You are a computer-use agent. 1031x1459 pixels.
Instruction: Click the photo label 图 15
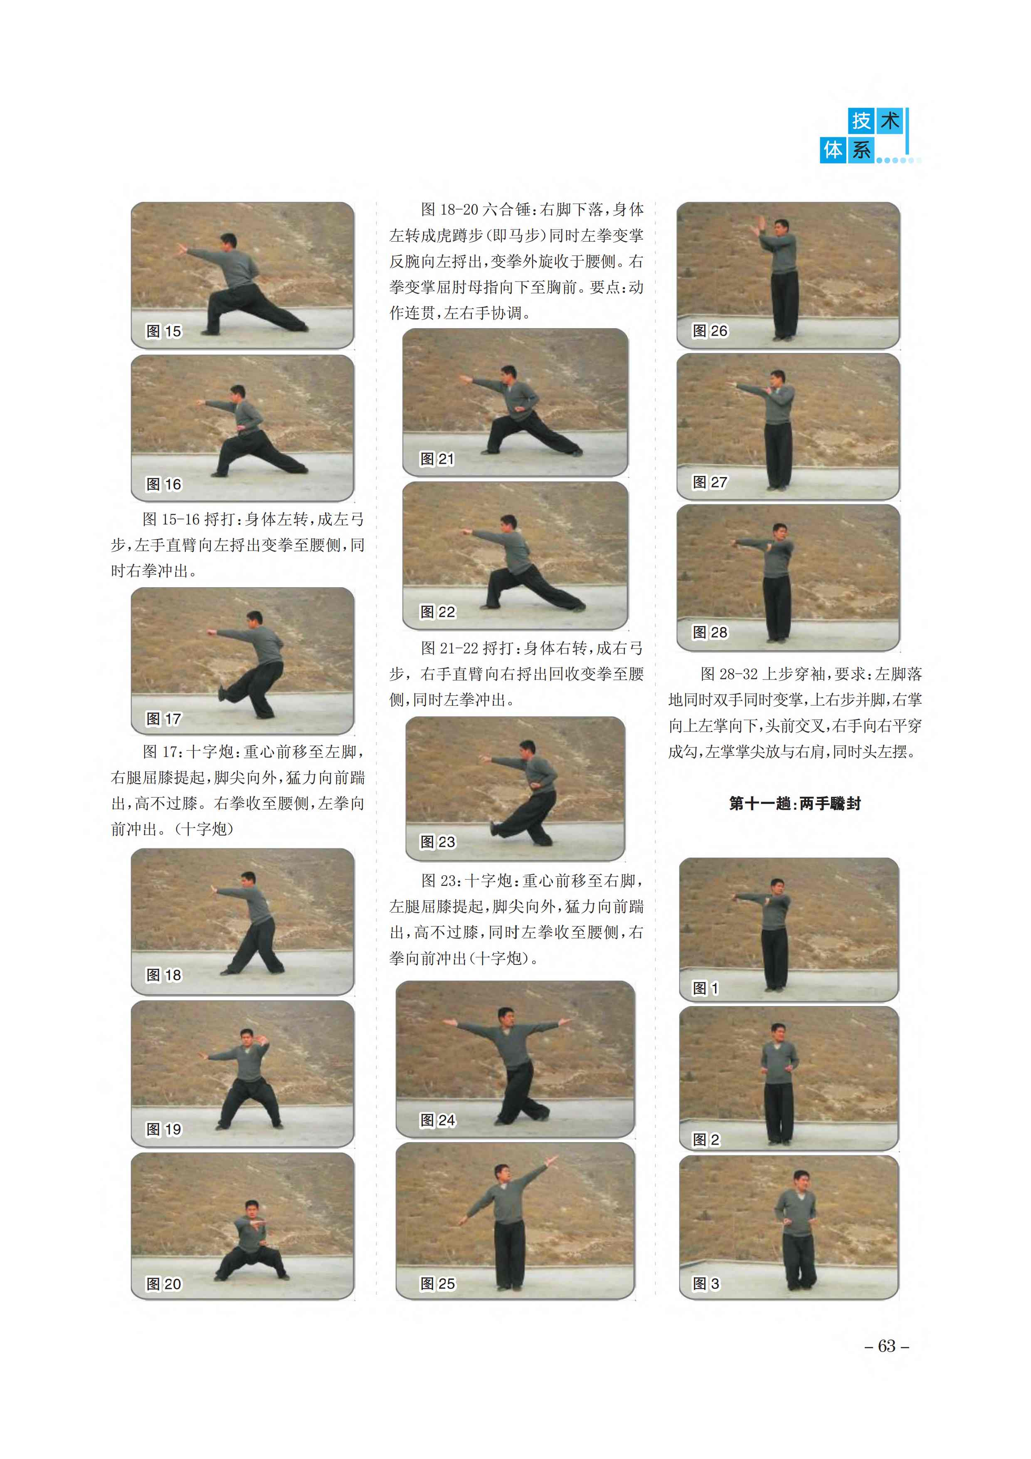(163, 331)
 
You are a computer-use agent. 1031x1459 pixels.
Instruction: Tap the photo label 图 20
(163, 1284)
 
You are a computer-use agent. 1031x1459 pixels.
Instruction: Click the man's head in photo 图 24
(506, 1016)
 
